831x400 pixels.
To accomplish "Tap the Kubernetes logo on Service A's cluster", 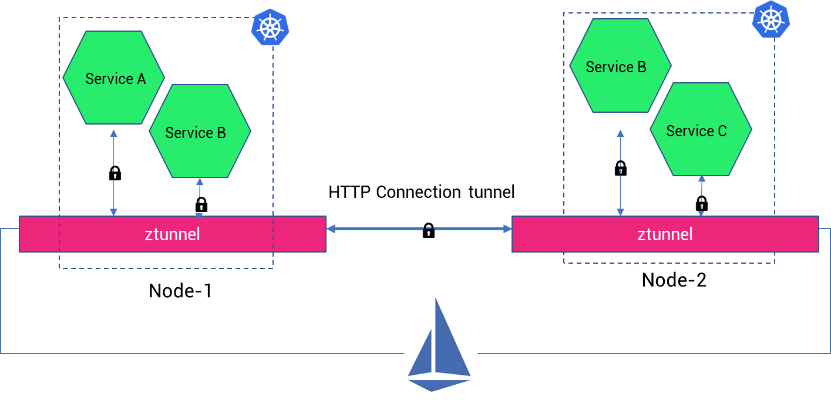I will coord(270,27).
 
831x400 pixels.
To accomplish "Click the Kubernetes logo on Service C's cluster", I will coord(771,19).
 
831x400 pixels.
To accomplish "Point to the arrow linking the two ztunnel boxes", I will coord(419,229).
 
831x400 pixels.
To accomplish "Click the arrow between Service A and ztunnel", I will coord(113,173).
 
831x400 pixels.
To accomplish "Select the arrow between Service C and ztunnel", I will coord(701,196).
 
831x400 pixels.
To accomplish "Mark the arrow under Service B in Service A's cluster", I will coord(199,199).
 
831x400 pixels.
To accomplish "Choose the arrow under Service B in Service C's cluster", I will coord(620,173).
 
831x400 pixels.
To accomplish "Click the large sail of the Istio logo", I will coord(450,341).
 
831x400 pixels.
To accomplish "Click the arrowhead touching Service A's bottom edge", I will coord(113,134).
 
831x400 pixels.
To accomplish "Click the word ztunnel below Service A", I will coord(172,234).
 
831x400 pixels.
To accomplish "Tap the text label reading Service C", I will coord(696,131).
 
